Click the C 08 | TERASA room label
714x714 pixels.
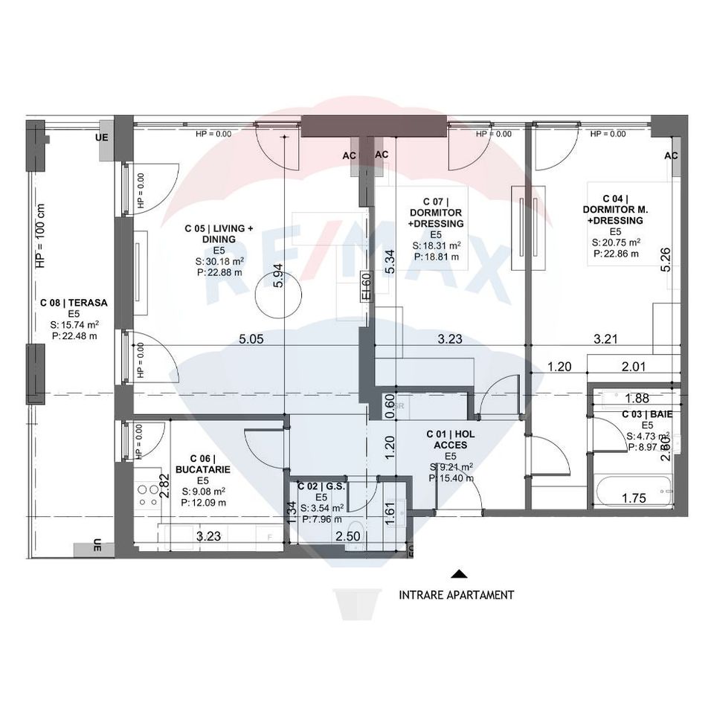pos(74,303)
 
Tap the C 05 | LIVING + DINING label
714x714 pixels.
pos(219,234)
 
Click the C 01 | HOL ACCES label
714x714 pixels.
pos(451,439)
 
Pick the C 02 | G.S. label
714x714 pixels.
pos(321,486)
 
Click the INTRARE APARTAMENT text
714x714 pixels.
pos(456,595)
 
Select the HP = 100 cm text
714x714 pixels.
pos(40,236)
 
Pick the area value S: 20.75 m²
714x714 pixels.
pos(616,242)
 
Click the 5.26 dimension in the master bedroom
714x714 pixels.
pos(666,260)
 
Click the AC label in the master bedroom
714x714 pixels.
pos(671,155)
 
